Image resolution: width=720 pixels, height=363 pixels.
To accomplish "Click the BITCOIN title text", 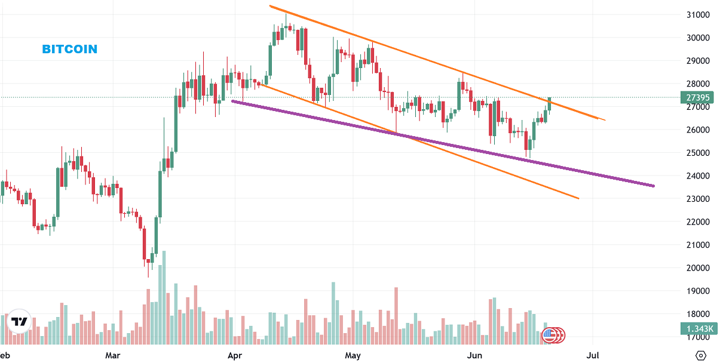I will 70,49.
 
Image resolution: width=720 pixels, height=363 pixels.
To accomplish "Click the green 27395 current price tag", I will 697,97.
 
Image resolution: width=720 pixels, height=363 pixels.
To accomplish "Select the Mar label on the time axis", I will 112,356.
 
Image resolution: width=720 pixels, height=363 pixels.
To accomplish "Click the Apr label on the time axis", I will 234,356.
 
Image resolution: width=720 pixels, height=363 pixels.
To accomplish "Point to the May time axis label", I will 353,356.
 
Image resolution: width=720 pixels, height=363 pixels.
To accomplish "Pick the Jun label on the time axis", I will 474,356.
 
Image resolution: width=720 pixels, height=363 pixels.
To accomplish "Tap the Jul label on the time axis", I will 593,356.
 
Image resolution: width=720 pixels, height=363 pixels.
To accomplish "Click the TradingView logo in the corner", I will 19,321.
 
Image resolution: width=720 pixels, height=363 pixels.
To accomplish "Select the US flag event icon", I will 549,336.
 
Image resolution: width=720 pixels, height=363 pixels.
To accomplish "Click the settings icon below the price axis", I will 701,355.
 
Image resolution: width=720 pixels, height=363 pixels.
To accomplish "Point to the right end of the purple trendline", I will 654,186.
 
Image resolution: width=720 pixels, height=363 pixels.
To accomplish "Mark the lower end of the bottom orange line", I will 578,198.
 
